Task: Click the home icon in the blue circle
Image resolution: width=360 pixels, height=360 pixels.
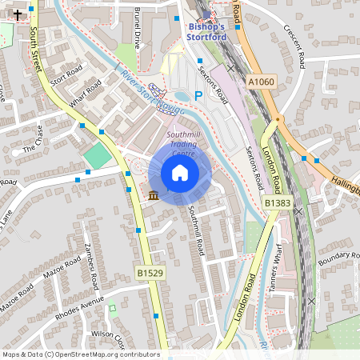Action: coord(180,173)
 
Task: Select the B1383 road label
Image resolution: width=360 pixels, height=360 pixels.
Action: coord(278,204)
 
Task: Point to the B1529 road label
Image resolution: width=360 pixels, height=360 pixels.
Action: coord(150,273)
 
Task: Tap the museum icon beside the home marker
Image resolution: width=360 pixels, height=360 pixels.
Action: coord(153,195)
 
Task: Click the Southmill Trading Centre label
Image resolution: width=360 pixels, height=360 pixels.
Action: coord(184,143)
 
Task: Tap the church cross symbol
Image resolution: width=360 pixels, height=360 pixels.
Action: coord(17,14)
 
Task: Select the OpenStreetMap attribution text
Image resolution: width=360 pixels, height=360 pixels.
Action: coord(80,354)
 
